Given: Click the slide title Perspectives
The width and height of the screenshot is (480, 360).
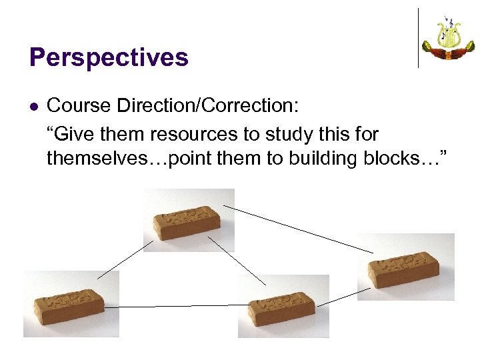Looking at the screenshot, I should (x=109, y=58).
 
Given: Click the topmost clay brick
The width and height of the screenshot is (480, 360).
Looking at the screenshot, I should (x=189, y=222).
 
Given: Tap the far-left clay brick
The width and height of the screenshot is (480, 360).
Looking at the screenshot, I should (x=71, y=305).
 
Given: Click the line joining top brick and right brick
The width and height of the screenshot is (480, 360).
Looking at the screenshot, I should (x=298, y=229).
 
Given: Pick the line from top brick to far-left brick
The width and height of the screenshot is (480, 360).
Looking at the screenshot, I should (x=125, y=259).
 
